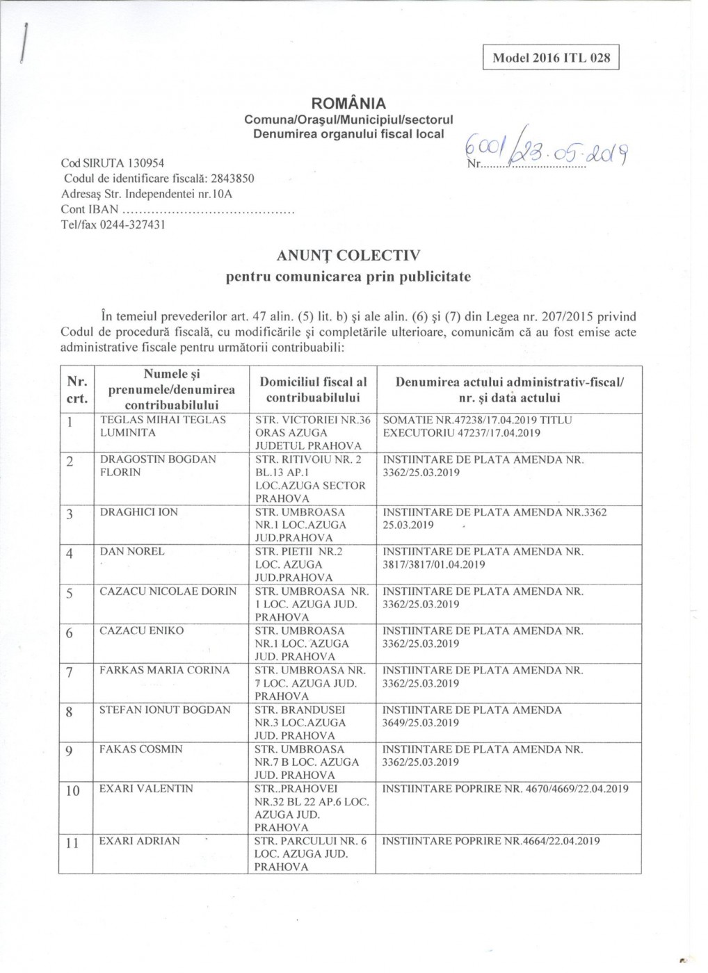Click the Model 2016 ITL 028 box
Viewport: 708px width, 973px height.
(x=551, y=58)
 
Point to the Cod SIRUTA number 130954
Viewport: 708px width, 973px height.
(x=143, y=163)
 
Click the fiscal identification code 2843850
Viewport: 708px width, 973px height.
(x=232, y=179)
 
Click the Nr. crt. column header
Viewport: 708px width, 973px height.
(x=77, y=390)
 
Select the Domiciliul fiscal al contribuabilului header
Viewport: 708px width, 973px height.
(x=313, y=390)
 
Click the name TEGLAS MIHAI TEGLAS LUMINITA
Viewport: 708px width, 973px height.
(x=163, y=426)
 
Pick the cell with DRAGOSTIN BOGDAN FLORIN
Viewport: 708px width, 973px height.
(x=158, y=466)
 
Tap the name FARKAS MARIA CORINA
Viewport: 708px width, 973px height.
(x=164, y=671)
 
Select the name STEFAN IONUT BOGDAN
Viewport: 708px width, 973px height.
(x=165, y=710)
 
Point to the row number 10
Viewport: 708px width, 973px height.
(x=73, y=791)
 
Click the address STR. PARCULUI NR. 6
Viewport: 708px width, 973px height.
(x=311, y=841)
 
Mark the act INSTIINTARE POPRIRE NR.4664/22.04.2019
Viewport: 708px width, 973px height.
(x=491, y=841)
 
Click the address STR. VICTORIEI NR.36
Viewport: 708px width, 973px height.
(x=313, y=420)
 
